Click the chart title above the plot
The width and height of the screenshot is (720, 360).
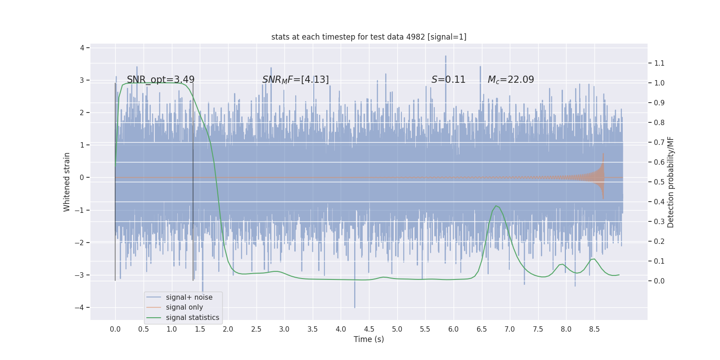point(369,37)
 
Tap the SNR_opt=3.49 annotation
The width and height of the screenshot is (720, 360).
point(161,80)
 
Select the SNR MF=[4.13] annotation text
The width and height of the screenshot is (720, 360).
point(295,80)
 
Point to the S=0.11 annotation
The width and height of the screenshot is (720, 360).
point(448,80)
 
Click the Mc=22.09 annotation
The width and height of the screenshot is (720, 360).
point(511,80)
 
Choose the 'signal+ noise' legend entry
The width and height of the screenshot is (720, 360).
point(189,297)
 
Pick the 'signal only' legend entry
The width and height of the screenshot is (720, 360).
point(184,307)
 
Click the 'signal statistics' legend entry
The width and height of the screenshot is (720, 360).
point(192,318)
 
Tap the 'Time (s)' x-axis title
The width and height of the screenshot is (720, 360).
point(369,339)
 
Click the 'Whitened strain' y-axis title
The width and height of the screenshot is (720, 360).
point(67,182)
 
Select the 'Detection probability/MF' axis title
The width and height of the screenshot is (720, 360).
point(670,182)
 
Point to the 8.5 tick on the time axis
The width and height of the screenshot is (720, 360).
point(594,329)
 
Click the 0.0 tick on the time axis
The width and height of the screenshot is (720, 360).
point(115,329)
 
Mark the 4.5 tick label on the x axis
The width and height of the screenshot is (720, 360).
point(369,329)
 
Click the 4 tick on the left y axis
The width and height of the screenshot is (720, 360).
point(82,48)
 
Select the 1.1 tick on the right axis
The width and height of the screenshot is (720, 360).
point(659,63)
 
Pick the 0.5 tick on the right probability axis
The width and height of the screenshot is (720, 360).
point(659,182)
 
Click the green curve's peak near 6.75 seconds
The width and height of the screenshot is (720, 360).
point(496,206)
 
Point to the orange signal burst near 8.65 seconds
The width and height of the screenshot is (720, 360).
point(603,177)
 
